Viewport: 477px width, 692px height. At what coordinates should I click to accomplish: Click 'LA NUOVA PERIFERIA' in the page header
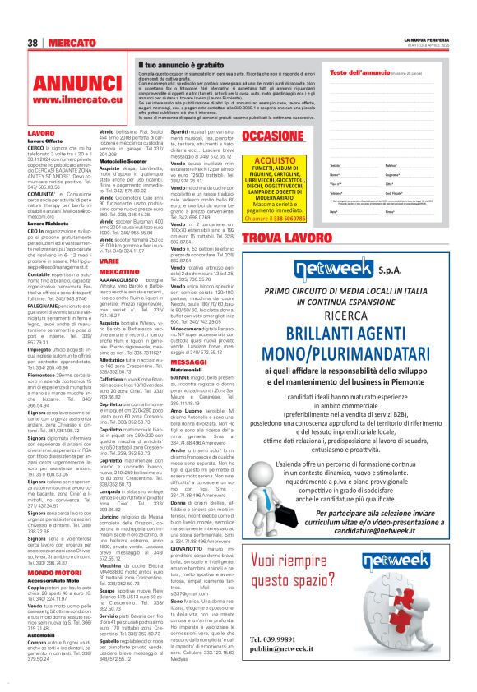(428, 39)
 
